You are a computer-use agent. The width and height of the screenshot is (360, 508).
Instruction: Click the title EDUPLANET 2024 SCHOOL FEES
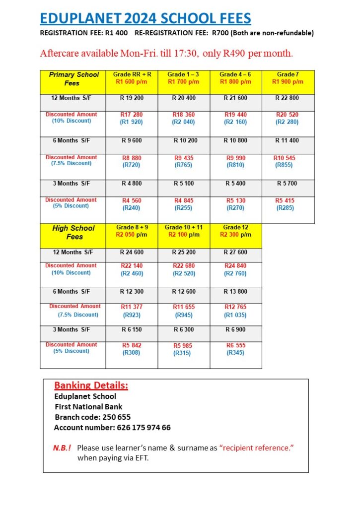pyautogui.click(x=145, y=19)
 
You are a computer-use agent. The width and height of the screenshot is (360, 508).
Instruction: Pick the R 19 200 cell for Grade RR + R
pyautogui.click(x=132, y=98)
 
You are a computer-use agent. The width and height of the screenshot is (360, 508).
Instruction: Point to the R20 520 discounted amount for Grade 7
pyautogui.click(x=287, y=115)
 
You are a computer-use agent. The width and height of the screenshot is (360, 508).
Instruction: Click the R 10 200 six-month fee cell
pyautogui.click(x=184, y=141)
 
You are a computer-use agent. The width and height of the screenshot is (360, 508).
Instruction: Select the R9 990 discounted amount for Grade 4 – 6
pyautogui.click(x=235, y=158)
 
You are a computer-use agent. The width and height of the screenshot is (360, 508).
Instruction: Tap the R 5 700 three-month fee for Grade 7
pyautogui.click(x=287, y=184)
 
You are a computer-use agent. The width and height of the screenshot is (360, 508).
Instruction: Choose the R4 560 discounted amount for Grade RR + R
pyautogui.click(x=132, y=200)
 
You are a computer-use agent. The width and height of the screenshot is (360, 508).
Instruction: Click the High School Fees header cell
pyautogui.click(x=73, y=232)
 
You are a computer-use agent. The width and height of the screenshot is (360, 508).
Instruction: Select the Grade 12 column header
pyautogui.click(x=235, y=231)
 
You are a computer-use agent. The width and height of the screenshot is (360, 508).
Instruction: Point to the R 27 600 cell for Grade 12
pyautogui.click(x=235, y=253)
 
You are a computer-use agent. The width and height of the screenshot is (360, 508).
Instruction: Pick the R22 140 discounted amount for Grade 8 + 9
pyautogui.click(x=132, y=266)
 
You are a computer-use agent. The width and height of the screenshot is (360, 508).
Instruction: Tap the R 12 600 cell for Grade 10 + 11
pyautogui.click(x=184, y=292)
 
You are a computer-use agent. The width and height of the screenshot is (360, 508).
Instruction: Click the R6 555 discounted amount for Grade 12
pyautogui.click(x=235, y=345)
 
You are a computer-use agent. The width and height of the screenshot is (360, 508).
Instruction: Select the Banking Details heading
pyautogui.click(x=91, y=385)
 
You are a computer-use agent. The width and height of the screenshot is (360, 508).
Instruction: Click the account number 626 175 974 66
pyautogui.click(x=144, y=427)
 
